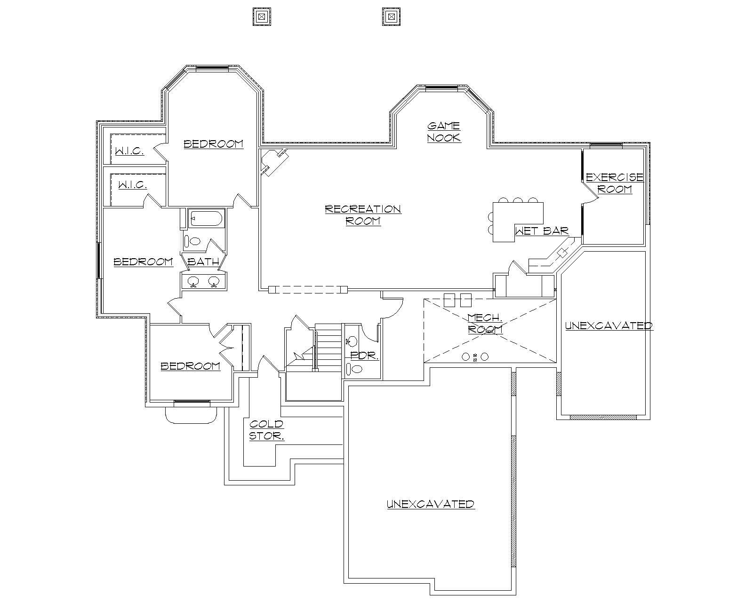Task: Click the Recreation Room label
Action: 363,214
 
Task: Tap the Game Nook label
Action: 444,132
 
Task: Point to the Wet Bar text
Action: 542,231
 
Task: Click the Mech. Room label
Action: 485,324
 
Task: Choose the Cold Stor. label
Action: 266,430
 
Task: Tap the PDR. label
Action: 365,356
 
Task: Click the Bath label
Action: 203,262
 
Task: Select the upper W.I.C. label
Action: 129,151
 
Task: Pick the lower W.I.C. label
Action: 132,185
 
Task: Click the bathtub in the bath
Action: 206,219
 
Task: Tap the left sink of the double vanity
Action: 193,282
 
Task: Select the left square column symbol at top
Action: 262,17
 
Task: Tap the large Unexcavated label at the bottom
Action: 431,504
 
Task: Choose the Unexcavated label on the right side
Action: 609,325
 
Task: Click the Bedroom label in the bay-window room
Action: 214,144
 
